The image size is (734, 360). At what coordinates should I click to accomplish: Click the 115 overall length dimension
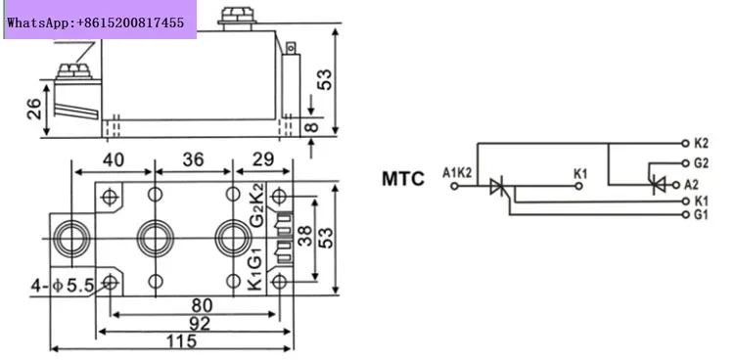(x=182, y=341)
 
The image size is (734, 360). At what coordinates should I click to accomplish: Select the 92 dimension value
(x=200, y=324)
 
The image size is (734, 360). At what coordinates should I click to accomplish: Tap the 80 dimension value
(x=202, y=305)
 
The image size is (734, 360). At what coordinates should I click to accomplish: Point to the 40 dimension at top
(x=114, y=159)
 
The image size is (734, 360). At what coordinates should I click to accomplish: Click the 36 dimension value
(x=194, y=159)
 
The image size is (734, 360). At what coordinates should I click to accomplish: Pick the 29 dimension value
(x=263, y=159)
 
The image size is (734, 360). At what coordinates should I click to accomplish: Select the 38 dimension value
(x=304, y=238)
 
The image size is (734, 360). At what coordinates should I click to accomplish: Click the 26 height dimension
(x=34, y=109)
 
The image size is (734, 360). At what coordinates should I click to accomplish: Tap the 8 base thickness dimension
(x=312, y=126)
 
